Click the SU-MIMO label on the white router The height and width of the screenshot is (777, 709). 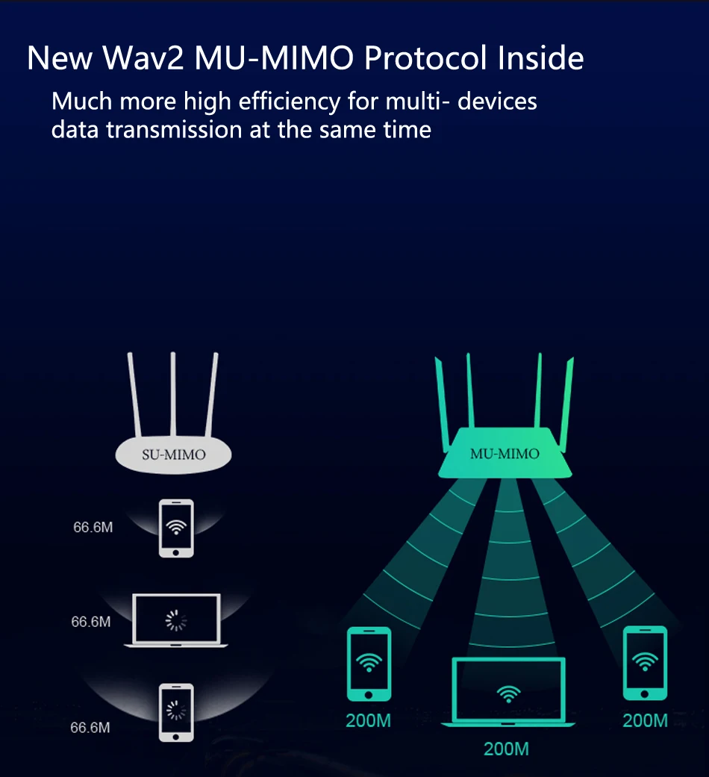(x=173, y=454)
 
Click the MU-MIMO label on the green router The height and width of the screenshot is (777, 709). (x=505, y=453)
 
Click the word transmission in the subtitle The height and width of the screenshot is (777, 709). (x=174, y=129)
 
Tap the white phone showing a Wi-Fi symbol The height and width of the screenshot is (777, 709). (x=176, y=528)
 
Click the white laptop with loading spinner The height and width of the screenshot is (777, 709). (x=176, y=620)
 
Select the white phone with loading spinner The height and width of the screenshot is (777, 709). (x=176, y=711)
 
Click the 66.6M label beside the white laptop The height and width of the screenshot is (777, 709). (x=91, y=622)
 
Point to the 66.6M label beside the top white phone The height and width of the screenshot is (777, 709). (x=93, y=528)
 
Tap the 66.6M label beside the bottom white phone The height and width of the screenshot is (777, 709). (x=90, y=727)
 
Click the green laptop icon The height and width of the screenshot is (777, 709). (x=509, y=692)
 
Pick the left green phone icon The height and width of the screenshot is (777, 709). (x=369, y=664)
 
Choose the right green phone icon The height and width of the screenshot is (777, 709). (x=646, y=664)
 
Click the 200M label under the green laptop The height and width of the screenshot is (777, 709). (x=506, y=749)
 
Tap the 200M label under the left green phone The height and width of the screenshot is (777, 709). (x=369, y=721)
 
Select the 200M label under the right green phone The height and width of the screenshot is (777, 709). (x=646, y=721)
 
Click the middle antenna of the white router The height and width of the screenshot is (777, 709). (x=173, y=396)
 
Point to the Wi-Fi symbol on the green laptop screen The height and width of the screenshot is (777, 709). (x=509, y=695)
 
